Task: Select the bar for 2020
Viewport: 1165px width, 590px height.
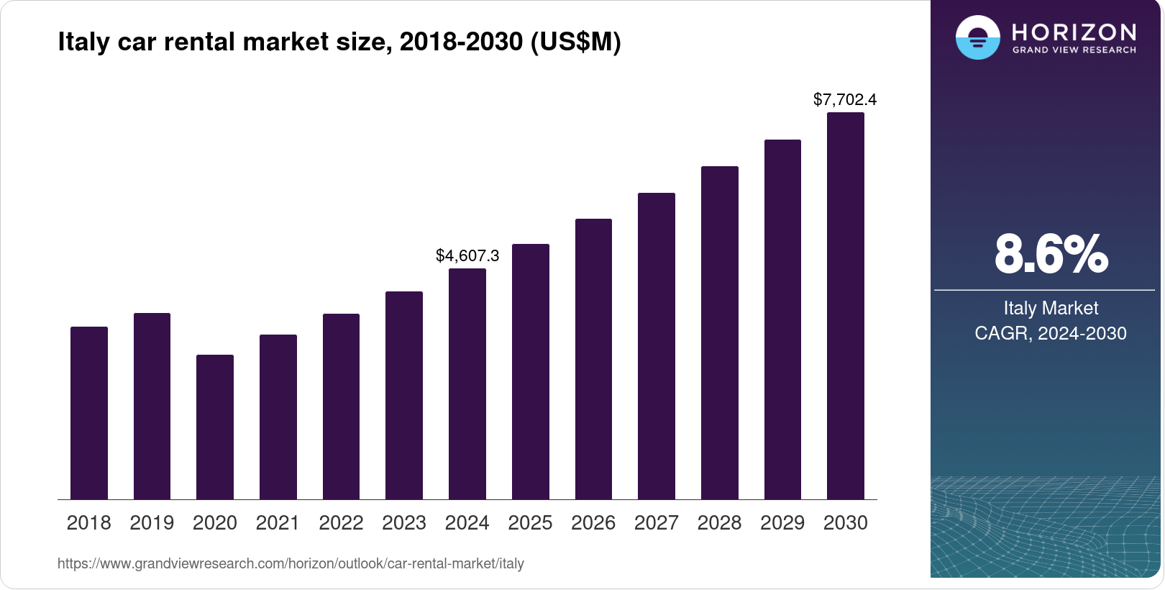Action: tap(215, 427)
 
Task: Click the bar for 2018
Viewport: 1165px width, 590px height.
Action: tap(89, 413)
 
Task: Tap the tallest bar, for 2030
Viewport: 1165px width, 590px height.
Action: tap(846, 306)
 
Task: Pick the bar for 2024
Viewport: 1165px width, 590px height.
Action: tap(467, 383)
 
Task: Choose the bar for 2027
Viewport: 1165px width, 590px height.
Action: tap(657, 346)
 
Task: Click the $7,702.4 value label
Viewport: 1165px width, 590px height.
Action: tap(845, 100)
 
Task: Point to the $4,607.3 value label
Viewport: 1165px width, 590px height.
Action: tap(467, 256)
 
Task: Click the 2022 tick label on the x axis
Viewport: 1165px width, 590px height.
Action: tap(341, 523)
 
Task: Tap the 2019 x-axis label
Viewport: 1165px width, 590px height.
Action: tap(152, 523)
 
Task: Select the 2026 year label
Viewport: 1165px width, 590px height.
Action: tap(593, 523)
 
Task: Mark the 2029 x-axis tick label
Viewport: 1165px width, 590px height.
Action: tap(782, 523)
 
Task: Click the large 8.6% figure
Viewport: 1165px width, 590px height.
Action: tap(1051, 254)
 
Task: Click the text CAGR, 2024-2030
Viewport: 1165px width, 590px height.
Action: tap(1051, 334)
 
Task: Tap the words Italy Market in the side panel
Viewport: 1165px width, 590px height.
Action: tap(1051, 309)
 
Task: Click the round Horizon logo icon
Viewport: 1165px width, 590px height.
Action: tap(977, 37)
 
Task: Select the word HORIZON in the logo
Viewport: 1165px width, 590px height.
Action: tap(1074, 32)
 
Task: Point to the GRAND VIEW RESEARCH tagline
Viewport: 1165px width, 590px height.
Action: tap(1074, 50)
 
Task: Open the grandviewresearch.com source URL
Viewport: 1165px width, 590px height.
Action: tap(291, 564)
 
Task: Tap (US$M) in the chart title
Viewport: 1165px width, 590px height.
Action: tap(575, 42)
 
